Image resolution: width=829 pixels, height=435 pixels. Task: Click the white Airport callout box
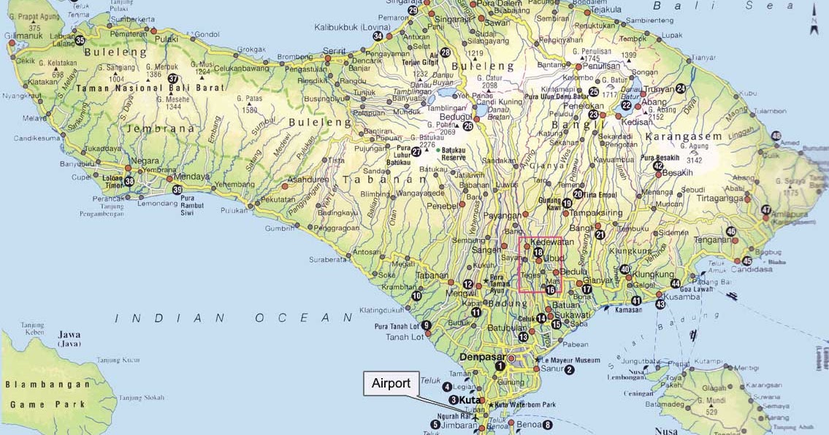click(x=391, y=384)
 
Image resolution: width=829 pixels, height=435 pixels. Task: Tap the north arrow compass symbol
click(x=814, y=24)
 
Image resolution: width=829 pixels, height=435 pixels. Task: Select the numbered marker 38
click(x=129, y=182)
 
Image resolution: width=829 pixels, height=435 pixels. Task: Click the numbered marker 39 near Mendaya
click(x=177, y=190)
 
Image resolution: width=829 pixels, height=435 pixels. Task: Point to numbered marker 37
click(x=173, y=79)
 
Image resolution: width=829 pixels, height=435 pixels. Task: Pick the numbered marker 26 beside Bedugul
click(x=468, y=126)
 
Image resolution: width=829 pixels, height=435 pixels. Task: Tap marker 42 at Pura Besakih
click(x=658, y=166)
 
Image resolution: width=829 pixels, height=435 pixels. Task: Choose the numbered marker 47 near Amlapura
click(x=765, y=210)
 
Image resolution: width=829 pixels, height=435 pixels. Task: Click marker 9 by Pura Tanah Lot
click(x=427, y=326)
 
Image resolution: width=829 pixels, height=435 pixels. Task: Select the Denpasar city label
click(x=483, y=357)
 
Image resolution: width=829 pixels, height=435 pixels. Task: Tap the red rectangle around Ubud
click(x=540, y=264)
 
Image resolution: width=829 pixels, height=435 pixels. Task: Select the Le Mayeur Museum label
click(x=572, y=360)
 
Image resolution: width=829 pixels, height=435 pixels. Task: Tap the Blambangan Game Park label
click(x=45, y=394)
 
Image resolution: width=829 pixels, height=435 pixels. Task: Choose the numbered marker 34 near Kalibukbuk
click(x=378, y=36)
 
